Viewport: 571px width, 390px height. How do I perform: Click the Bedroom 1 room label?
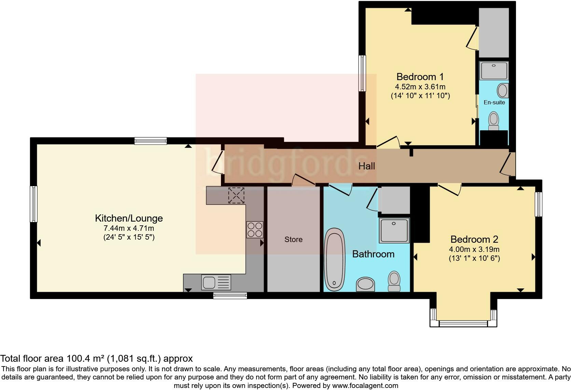[420, 77]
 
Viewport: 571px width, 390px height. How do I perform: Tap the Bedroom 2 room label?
[474, 239]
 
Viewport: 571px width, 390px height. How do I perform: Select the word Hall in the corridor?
[366, 166]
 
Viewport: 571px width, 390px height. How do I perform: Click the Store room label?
[293, 240]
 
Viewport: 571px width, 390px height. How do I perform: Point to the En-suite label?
[494, 102]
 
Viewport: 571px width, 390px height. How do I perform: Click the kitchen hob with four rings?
[255, 229]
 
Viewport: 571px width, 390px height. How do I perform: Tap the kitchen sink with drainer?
[216, 282]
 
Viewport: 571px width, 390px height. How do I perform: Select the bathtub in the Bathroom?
[334, 259]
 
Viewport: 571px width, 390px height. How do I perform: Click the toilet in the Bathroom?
[394, 281]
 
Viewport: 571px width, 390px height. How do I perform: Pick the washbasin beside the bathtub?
[365, 284]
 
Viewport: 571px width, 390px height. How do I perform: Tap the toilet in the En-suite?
[493, 121]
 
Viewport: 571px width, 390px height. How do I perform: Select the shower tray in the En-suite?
[493, 71]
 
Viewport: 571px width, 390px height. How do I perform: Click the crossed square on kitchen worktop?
[236, 195]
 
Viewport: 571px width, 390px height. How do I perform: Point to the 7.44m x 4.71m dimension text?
[129, 228]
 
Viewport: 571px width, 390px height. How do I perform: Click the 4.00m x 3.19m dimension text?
[474, 249]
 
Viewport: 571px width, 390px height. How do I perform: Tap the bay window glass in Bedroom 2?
[463, 323]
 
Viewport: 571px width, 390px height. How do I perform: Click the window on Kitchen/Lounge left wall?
[33, 204]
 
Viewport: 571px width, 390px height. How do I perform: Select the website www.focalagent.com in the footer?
[365, 386]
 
